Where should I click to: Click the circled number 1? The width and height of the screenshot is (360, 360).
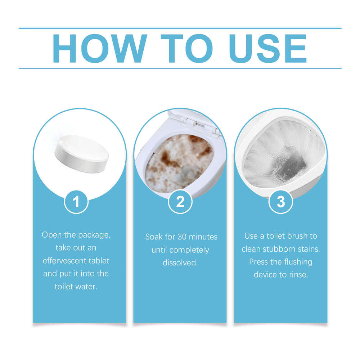[76, 202]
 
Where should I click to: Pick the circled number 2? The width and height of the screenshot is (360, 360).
[180, 202]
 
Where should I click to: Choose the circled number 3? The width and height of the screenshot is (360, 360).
[281, 202]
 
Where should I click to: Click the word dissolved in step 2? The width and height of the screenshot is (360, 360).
[180, 262]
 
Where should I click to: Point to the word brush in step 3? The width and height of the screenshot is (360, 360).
[298, 236]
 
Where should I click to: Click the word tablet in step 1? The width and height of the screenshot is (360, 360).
[98, 261]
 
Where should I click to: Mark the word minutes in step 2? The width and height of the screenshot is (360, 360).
[205, 237]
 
